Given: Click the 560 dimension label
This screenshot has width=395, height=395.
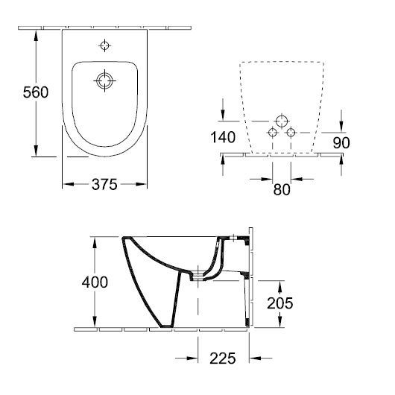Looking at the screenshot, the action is (36, 92).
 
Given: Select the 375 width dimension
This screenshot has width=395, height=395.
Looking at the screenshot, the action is (104, 184).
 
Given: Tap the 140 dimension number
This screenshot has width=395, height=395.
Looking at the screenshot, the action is (223, 137).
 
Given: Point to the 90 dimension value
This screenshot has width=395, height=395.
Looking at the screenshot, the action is (341, 142).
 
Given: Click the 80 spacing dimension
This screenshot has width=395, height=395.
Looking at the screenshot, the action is (282, 189).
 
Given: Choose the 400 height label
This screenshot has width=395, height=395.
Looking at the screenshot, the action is (95, 282).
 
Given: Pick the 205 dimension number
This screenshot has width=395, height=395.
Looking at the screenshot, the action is (280, 303).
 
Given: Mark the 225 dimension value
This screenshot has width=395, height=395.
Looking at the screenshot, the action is (222, 358).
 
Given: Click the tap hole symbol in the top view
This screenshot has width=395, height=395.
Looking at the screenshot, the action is (104, 45).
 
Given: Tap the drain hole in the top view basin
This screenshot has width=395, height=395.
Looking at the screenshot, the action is (104, 81).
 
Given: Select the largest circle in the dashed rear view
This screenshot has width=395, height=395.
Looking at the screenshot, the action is (282, 121).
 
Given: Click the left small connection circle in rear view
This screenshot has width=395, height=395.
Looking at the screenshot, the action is (273, 132).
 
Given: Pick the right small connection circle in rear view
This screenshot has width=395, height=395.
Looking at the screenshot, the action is (291, 132).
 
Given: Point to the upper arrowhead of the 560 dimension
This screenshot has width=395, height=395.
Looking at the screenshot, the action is (36, 36).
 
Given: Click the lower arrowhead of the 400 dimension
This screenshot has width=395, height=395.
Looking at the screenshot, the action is (95, 321).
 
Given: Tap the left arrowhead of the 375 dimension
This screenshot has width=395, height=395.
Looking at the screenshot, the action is (69, 184).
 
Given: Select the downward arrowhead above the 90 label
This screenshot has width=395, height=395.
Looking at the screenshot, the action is (341, 127).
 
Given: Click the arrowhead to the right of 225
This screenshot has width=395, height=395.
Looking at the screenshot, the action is (255, 358).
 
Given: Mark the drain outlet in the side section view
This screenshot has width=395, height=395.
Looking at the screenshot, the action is (197, 276).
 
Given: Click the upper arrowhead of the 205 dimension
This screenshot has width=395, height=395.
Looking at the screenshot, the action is (280, 286).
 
